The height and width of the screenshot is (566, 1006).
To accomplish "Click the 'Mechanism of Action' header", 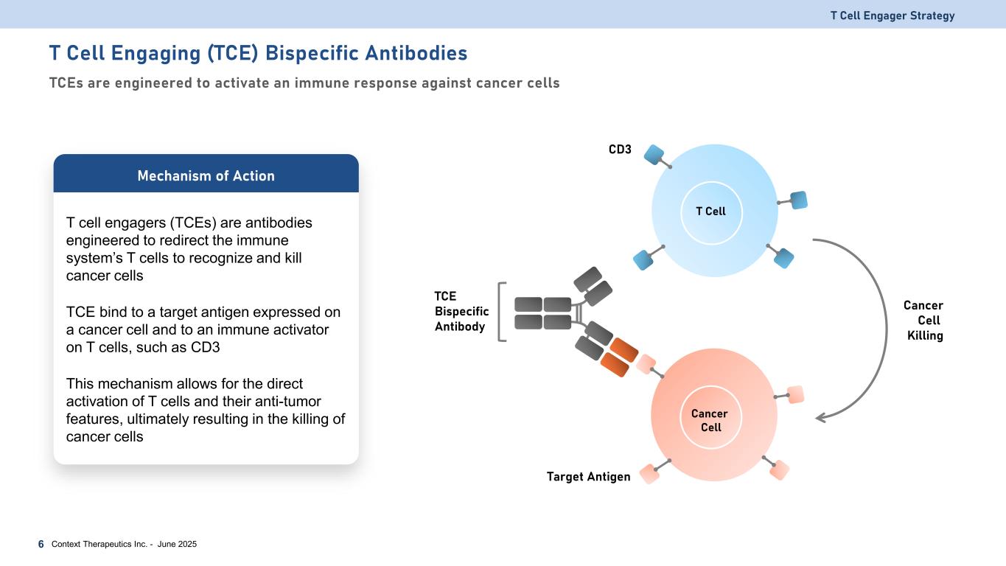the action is click(206, 175).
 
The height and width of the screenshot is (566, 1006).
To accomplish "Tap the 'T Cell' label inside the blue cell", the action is click(710, 211).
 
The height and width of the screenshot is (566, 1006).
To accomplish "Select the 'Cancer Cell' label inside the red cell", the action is click(710, 421).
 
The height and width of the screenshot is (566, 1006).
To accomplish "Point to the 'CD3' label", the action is click(620, 149).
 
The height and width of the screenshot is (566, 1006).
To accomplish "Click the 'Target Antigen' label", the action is click(588, 477).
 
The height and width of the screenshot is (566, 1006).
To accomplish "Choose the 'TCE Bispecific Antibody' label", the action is click(461, 311).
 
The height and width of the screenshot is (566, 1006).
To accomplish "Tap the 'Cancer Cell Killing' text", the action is click(923, 321).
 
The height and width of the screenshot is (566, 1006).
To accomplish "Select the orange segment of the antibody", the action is click(619, 357).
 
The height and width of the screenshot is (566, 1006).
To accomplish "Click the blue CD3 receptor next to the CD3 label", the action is click(654, 154).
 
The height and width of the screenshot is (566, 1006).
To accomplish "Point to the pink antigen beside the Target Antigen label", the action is click(649, 474).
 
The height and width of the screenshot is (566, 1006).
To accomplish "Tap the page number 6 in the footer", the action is click(41, 545).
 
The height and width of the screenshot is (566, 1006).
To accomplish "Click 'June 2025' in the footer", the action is click(177, 544).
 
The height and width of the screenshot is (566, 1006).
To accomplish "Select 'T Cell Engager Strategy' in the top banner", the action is click(893, 15).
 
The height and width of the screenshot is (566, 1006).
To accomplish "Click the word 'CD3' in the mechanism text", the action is click(205, 347).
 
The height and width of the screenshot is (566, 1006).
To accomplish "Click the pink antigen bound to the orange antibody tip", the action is click(646, 364).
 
